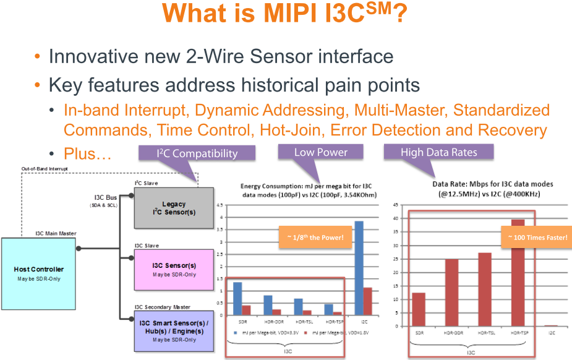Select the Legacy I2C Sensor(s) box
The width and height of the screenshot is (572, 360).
[174, 208]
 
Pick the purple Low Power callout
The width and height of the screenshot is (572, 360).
[320, 152]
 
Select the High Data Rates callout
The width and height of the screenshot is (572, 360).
[439, 152]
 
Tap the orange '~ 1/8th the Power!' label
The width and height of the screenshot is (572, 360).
[310, 238]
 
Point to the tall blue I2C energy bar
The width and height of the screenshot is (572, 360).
[359, 268]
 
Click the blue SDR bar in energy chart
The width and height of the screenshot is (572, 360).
[237, 299]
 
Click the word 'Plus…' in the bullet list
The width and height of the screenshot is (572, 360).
[87, 155]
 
